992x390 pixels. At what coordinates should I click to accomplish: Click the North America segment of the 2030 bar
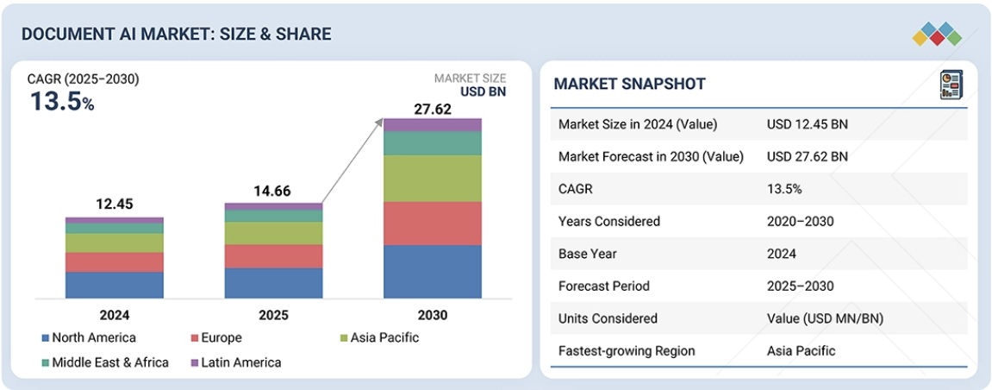432,271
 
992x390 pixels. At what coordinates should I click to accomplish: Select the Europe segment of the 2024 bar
114,262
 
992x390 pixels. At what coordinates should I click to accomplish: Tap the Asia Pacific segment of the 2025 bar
273,233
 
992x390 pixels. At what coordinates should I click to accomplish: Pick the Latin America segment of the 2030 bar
432,125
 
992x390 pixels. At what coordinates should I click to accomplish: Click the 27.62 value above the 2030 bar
432,109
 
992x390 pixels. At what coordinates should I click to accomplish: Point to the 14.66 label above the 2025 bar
273,192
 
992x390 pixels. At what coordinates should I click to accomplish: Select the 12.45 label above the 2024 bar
114,204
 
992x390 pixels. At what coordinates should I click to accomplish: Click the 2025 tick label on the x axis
273,315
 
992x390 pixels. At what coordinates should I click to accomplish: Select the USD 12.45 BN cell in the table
807,124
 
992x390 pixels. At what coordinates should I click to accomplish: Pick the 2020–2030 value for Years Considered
800,221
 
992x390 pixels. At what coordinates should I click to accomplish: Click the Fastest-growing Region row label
627,350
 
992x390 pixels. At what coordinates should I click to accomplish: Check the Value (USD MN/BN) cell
825,318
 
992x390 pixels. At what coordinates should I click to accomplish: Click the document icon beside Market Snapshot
951,85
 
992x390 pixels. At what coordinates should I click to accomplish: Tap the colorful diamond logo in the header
936,34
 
